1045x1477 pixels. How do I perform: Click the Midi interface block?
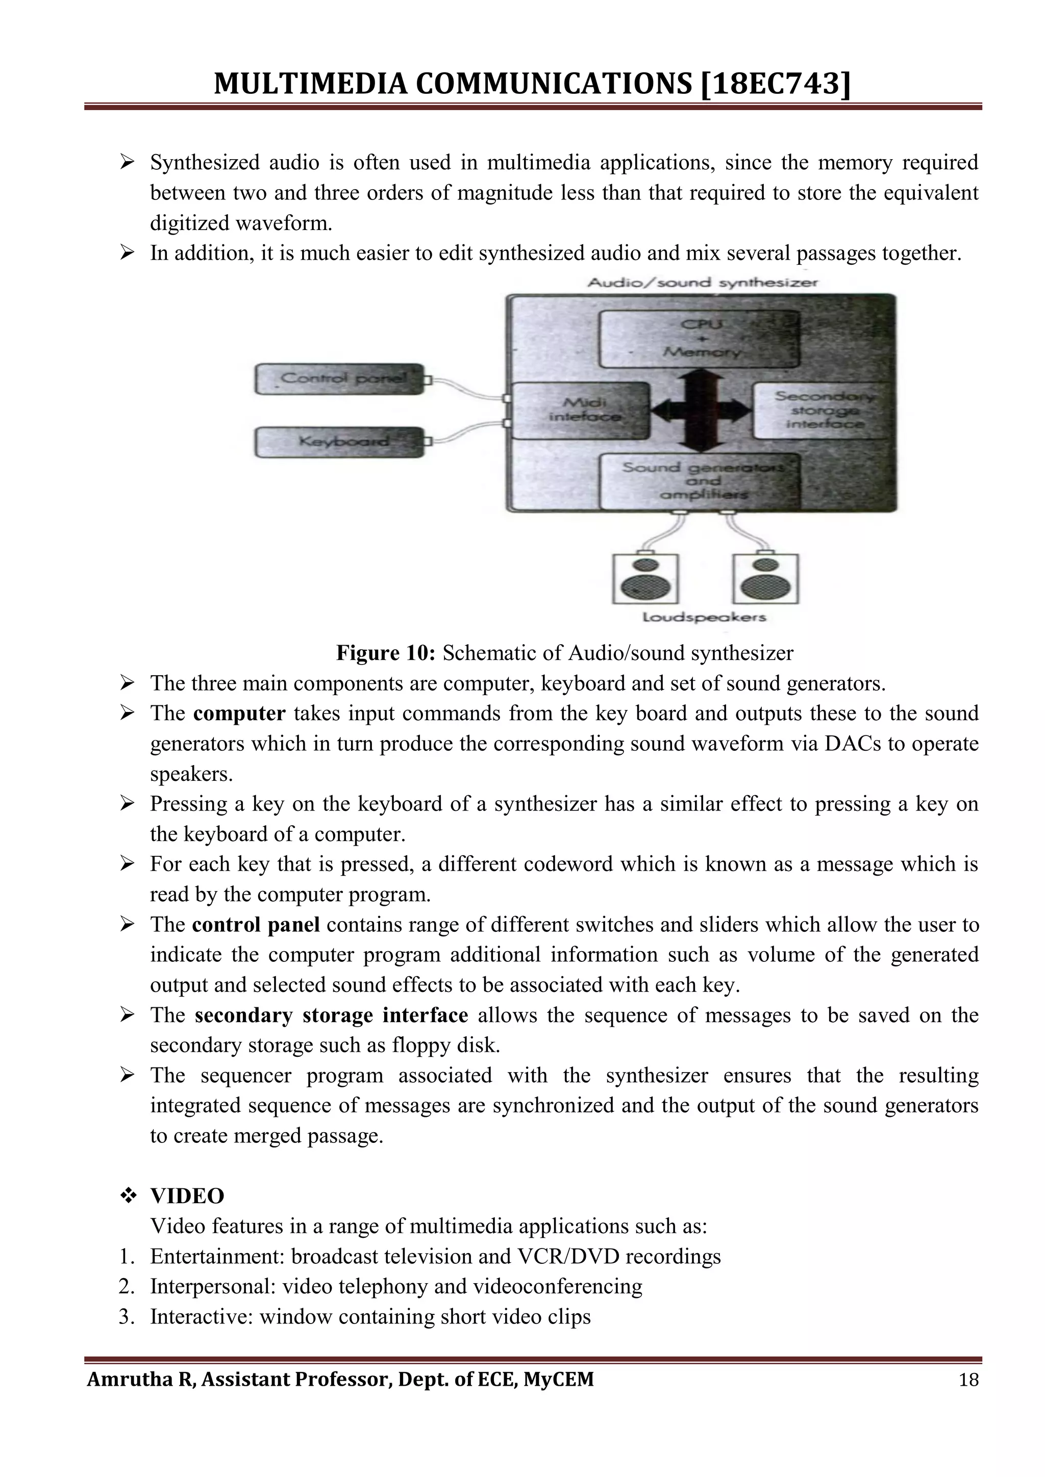pyautogui.click(x=579, y=411)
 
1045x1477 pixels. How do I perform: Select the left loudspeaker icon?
pyautogui.click(x=645, y=578)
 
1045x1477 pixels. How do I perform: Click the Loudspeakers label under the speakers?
pyautogui.click(x=705, y=618)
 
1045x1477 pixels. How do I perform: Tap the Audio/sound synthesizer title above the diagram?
pyautogui.click(x=703, y=283)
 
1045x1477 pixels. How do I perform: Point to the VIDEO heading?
pyautogui.click(x=187, y=1196)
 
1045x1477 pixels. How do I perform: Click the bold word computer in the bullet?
pyautogui.click(x=239, y=714)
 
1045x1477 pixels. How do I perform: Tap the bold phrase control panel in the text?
pyautogui.click(x=256, y=925)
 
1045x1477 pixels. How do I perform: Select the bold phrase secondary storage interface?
pyautogui.click(x=331, y=1015)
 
